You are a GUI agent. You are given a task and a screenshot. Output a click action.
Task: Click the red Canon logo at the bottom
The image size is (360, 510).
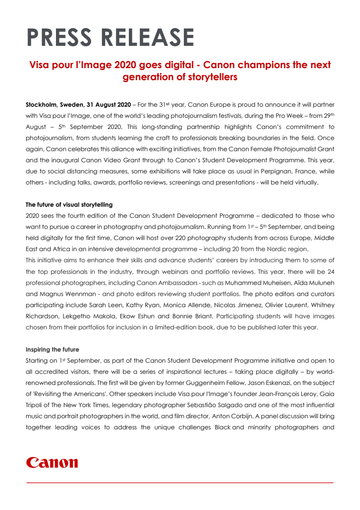52,463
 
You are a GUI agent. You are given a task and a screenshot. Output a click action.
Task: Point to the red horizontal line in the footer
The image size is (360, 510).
180,482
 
